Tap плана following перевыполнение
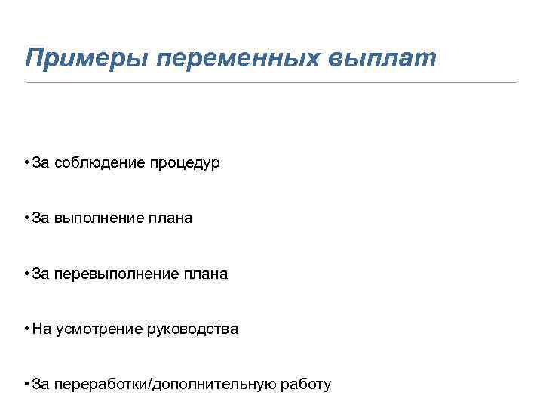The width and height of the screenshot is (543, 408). pyautogui.click(x=205, y=274)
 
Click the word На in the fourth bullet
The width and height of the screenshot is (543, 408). pyautogui.click(x=41, y=329)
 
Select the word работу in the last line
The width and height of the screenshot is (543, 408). pyautogui.click(x=305, y=385)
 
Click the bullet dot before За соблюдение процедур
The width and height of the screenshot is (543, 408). pyautogui.click(x=26, y=162)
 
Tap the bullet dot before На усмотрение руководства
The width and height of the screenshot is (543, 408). pyautogui.click(x=26, y=329)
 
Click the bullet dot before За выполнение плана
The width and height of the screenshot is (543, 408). pyautogui.click(x=26, y=218)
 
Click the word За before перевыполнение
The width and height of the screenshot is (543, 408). pyautogui.click(x=41, y=274)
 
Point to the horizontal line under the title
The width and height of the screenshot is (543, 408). pyautogui.click(x=271, y=82)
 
